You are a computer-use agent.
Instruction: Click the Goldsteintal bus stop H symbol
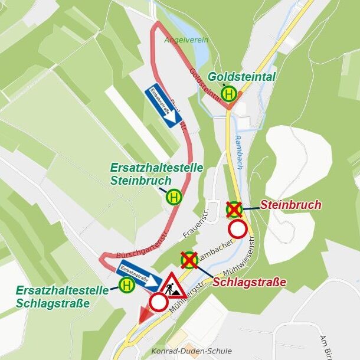[x=229, y=93]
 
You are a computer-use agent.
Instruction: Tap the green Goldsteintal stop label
[x=241, y=77]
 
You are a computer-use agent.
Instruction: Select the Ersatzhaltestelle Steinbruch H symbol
[x=174, y=197]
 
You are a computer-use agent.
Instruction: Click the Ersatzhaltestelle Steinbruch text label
[x=156, y=174]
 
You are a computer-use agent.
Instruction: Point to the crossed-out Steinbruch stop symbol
[x=234, y=208]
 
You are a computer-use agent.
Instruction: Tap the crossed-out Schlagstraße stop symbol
[x=189, y=260]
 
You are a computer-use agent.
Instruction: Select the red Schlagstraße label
[x=249, y=282]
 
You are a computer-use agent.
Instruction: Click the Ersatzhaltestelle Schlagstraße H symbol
[x=126, y=286]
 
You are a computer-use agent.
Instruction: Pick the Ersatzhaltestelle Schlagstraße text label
[x=62, y=297]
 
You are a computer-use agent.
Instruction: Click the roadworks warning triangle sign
[x=172, y=286]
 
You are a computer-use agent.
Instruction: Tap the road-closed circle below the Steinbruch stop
[x=238, y=229]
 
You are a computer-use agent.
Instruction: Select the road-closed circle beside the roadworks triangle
[x=159, y=302]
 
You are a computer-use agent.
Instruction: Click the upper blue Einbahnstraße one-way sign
[x=163, y=104]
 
